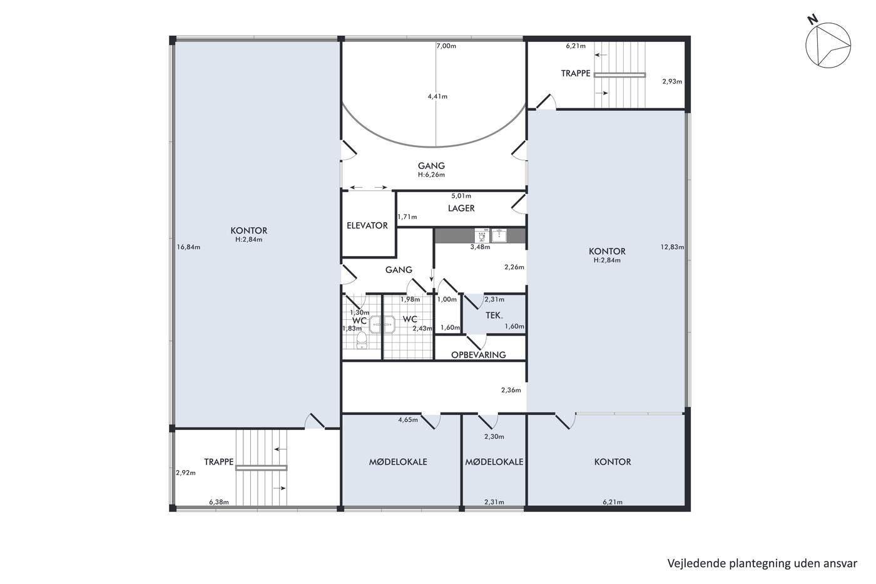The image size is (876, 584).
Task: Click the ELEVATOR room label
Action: coord(367,225)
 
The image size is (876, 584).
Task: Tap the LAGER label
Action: coord(462,208)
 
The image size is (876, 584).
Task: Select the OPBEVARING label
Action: coord(478,355)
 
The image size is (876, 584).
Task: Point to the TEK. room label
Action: coord(494,315)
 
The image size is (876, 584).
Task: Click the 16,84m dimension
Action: coord(188,247)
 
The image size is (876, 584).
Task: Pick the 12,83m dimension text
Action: coord(672,247)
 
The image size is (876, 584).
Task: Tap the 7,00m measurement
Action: coord(446,46)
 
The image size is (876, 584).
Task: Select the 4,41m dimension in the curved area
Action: coord(437,96)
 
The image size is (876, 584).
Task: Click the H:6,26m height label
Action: coord(431,175)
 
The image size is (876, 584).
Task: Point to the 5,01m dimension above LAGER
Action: coord(462,195)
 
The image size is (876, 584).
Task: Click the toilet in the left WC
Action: coord(362,341)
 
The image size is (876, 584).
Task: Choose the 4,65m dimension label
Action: coord(408,420)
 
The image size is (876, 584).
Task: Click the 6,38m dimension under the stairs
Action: coord(219,502)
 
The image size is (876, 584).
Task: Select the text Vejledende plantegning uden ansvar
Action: coord(762,563)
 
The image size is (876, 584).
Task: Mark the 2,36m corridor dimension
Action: coord(511,389)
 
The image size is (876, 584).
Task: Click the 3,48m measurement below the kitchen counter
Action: coord(481,247)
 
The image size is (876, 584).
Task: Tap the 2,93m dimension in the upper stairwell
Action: coord(672,81)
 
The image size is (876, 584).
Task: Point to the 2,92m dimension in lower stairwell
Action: coord(186,473)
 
